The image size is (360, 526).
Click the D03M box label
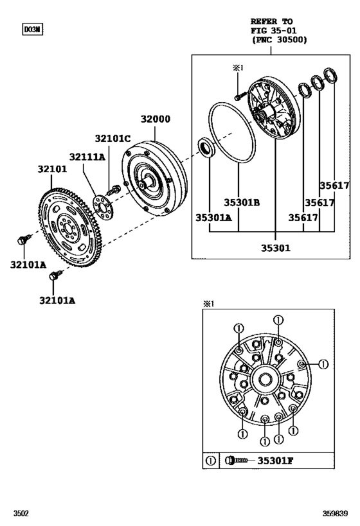(x=32, y=30)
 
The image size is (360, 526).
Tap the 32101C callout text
(x=113, y=138)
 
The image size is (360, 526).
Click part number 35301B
(x=242, y=203)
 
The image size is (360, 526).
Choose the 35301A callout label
(x=213, y=217)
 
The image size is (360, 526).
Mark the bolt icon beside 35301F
(x=237, y=460)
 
